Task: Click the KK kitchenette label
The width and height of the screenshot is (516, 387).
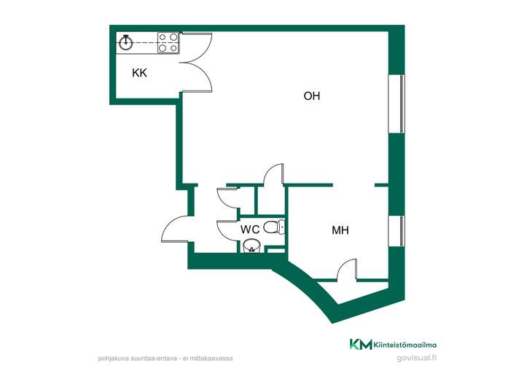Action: coord(139,73)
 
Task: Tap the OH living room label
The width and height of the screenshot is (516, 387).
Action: coord(312,96)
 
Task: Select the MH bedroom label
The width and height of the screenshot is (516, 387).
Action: coord(340,230)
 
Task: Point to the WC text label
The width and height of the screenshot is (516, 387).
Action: coord(250,230)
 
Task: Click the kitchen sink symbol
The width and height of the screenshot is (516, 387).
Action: coord(125,42)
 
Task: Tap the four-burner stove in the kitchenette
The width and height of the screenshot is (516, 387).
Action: coord(168,42)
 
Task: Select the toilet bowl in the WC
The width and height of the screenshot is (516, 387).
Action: coord(274,227)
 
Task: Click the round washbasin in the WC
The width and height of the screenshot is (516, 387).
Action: coord(251,246)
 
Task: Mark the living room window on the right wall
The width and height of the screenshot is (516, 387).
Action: coord(396,104)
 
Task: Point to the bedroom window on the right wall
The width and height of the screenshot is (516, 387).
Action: coord(396,231)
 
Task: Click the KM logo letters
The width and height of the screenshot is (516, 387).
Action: coord(361,345)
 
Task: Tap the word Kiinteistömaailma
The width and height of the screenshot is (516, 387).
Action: coord(405,345)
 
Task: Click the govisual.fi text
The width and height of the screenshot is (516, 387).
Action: coord(417,358)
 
